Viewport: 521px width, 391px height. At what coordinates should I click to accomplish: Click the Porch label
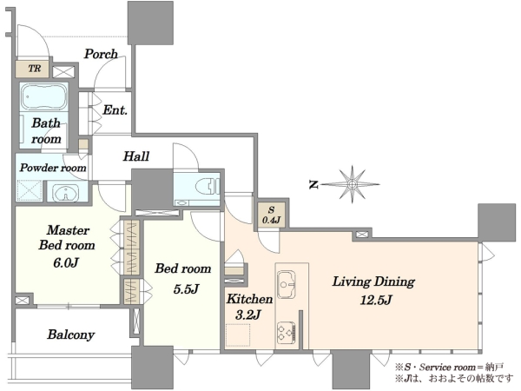(101, 54)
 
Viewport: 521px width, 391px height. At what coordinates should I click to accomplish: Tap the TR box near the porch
(33, 69)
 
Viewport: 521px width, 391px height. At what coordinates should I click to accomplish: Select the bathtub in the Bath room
(44, 96)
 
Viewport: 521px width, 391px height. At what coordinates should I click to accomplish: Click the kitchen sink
(286, 284)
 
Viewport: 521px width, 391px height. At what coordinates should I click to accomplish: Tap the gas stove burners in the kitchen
(286, 333)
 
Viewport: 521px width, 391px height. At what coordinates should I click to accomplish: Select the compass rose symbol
(352, 184)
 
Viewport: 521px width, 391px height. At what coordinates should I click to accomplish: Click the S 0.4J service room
(272, 215)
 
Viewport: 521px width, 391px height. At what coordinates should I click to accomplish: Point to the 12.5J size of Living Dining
(376, 301)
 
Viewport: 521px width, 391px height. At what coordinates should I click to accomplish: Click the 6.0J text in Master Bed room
(66, 263)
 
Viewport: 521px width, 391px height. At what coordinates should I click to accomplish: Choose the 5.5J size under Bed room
(186, 289)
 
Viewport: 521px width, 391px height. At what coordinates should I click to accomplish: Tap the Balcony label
(71, 335)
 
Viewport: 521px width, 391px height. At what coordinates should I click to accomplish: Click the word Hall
(136, 156)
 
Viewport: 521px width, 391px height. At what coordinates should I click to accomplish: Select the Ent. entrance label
(115, 109)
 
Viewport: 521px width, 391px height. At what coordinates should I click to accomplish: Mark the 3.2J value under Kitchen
(247, 315)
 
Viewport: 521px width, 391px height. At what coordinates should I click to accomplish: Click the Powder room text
(53, 167)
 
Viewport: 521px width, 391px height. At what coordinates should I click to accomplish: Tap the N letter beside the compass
(313, 184)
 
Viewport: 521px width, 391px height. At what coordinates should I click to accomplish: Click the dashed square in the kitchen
(238, 335)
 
